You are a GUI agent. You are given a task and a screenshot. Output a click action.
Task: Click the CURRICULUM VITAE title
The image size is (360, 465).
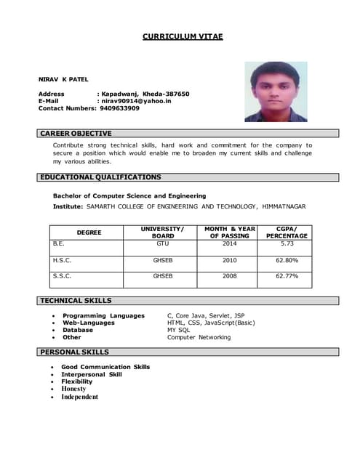183,36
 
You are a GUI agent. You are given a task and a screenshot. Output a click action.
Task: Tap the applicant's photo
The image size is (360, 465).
276,92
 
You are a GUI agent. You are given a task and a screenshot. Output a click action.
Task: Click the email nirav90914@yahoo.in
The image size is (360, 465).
137,101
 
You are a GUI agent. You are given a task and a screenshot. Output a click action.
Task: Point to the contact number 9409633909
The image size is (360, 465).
119,108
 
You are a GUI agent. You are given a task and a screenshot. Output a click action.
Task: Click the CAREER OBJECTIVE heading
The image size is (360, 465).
76,134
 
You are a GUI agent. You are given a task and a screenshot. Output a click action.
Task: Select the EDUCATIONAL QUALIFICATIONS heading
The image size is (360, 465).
101,177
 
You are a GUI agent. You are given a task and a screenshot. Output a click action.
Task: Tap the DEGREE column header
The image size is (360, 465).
89,232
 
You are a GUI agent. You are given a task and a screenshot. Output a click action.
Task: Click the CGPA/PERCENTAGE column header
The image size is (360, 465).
287,232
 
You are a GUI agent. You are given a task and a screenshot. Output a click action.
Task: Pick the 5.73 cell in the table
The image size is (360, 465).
287,244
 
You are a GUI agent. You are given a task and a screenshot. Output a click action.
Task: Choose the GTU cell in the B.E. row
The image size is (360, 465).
163,244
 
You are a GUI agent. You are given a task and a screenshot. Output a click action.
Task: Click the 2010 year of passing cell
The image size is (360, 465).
230,259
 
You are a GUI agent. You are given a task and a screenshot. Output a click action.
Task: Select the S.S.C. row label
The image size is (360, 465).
63,276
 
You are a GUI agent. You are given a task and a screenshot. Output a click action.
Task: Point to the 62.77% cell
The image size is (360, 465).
287,276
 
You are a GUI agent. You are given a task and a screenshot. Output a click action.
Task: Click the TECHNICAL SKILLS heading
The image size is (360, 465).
76,301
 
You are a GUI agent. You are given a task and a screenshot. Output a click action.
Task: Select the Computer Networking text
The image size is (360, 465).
199,337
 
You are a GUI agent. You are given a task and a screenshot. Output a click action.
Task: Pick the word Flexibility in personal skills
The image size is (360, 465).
77,381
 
